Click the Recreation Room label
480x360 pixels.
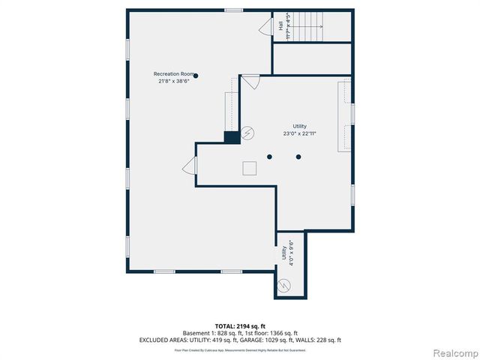(x=173, y=74)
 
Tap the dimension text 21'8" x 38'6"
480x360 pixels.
(x=174, y=82)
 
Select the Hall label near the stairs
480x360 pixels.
(x=281, y=25)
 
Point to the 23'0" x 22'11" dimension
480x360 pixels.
(x=299, y=133)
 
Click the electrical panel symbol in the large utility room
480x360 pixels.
(x=248, y=133)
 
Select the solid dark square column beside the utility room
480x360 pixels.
(x=232, y=137)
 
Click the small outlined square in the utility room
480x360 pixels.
(x=249, y=169)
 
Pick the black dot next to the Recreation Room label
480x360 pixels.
(x=196, y=75)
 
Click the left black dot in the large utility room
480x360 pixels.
(x=270, y=157)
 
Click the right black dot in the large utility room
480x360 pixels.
(x=298, y=157)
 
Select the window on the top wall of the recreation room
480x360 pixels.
(x=233, y=10)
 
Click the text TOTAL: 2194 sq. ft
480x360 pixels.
(x=240, y=326)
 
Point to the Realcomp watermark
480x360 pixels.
(x=454, y=352)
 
